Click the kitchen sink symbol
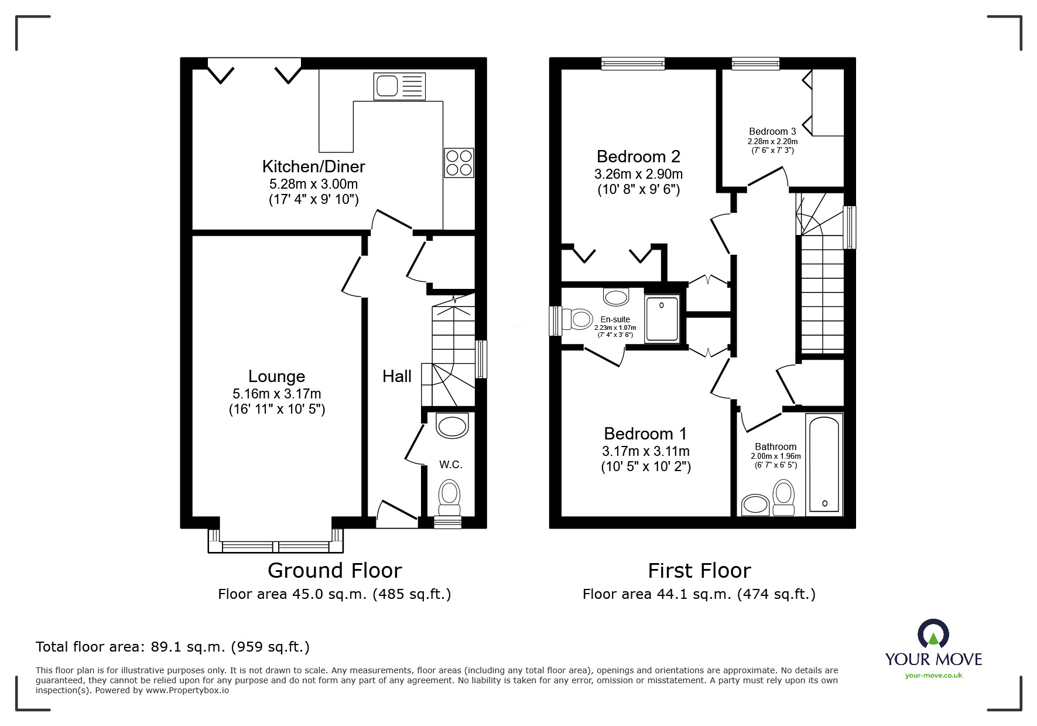399,87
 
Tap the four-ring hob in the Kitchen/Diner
459,163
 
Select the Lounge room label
276,376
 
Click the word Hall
397,376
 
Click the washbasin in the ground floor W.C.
453,426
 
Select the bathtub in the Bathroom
824,464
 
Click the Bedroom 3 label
772,131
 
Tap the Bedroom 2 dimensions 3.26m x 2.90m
638,174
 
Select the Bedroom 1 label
645,434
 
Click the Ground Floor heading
334,570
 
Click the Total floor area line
173,647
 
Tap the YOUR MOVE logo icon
933,634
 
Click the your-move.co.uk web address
933,676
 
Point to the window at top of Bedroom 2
633,63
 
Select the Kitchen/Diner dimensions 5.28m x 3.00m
313,184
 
